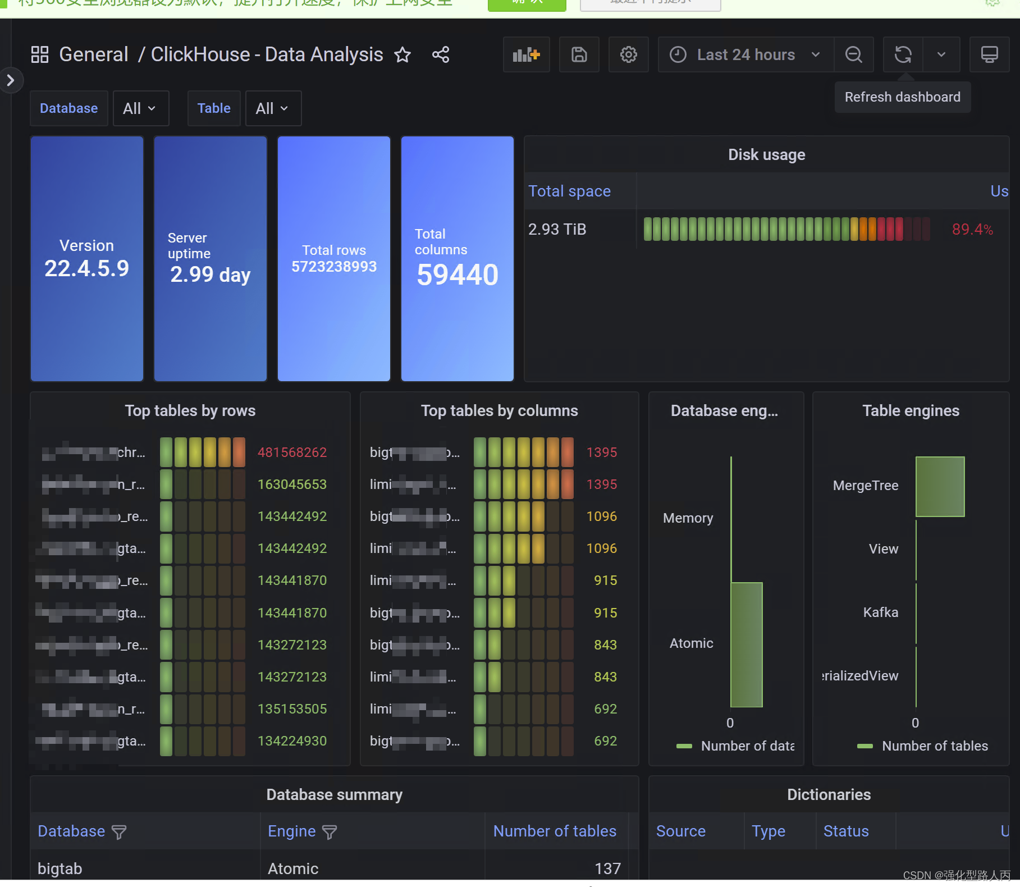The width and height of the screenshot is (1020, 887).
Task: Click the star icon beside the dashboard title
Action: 402,55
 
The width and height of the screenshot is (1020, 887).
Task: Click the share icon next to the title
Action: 441,55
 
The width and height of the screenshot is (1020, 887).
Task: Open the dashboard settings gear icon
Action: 628,55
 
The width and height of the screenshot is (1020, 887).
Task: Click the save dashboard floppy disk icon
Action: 579,55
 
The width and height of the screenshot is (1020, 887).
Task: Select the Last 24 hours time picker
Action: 745,55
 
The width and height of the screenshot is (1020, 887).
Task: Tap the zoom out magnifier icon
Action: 853,55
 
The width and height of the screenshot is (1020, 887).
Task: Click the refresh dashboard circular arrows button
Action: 903,55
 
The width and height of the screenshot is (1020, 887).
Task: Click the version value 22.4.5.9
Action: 87,269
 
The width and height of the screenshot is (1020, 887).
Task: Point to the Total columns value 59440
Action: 458,275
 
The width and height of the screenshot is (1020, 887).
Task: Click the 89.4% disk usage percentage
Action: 972,230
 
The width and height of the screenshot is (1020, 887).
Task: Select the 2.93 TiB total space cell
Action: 557,230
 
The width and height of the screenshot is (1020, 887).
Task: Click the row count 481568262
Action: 292,452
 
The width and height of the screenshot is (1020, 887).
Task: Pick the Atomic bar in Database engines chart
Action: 746,644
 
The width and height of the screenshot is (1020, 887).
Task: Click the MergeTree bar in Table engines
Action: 940,486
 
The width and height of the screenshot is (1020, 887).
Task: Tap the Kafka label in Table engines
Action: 880,612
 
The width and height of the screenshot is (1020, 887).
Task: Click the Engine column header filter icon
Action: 330,832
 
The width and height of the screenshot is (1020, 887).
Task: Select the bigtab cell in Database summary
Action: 60,868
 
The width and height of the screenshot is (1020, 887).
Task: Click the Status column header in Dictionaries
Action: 845,831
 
